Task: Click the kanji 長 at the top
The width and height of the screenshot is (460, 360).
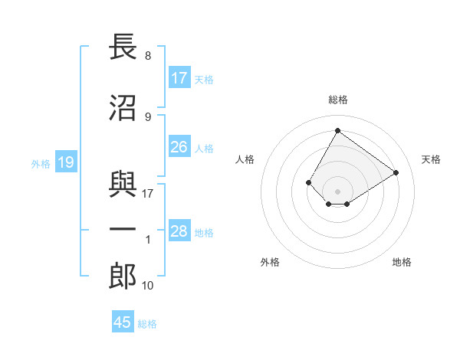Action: tap(123, 47)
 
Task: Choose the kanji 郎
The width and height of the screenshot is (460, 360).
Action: tap(123, 277)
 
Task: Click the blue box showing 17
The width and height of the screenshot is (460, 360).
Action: tap(179, 78)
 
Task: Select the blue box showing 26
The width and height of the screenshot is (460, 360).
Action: tap(179, 147)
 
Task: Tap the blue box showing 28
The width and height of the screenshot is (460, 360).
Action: tap(179, 231)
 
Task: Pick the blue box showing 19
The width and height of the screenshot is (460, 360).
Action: tap(65, 162)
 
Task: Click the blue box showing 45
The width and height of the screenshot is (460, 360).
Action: tap(123, 322)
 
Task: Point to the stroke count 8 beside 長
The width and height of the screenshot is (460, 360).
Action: tap(147, 56)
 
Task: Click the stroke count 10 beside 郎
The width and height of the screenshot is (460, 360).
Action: tap(148, 286)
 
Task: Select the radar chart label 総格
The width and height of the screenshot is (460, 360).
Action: tap(337, 100)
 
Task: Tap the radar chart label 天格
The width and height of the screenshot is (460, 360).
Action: tap(431, 159)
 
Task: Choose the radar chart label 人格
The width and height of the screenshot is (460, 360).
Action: tap(245, 159)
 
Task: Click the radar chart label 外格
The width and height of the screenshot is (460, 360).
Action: tap(270, 262)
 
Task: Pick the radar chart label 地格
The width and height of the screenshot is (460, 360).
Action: tap(402, 262)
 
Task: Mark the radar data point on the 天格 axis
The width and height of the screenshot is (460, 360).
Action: tap(396, 172)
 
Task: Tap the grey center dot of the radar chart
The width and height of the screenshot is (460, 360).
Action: tap(337, 191)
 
